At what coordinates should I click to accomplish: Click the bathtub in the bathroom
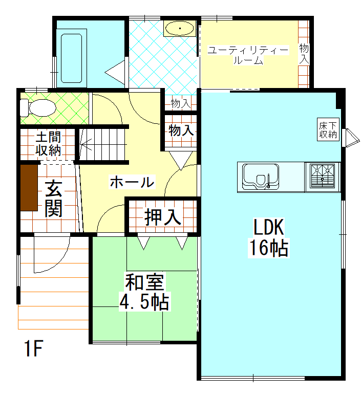[x=71, y=58]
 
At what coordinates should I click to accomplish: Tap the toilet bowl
[x=38, y=108]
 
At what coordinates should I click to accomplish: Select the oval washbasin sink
[x=180, y=28]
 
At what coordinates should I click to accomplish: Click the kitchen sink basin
[x=261, y=177]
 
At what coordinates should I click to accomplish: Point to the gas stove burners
[x=323, y=176]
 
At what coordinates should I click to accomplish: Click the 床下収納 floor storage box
[x=328, y=129]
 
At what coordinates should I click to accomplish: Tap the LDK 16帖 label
[x=268, y=237]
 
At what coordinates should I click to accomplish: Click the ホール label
[x=132, y=182]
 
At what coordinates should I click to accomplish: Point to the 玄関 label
[x=54, y=199]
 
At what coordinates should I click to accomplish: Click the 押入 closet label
[x=163, y=217]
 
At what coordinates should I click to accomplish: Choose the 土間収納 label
[x=48, y=144]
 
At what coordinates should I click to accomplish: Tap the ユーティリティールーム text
[x=248, y=55]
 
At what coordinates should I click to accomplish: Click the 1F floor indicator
[x=34, y=348]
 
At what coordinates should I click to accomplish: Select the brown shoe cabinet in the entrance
[x=29, y=188]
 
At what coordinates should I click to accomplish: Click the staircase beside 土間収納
[x=102, y=144]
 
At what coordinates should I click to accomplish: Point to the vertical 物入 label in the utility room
[x=304, y=54]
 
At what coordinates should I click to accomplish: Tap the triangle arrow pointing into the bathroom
[x=115, y=73]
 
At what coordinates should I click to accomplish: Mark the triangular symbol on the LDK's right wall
[x=350, y=138]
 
